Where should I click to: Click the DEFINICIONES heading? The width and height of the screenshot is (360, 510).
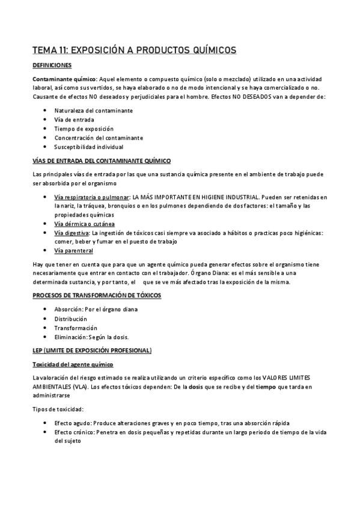point(52,64)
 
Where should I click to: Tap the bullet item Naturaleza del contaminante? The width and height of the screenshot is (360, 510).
point(93,111)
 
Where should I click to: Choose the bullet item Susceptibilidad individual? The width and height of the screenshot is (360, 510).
point(88,146)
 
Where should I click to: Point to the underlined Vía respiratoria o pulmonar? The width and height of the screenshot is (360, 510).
point(91,198)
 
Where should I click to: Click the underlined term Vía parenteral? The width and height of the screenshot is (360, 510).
point(73,251)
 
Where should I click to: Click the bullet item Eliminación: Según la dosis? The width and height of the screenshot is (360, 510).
point(91,337)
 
